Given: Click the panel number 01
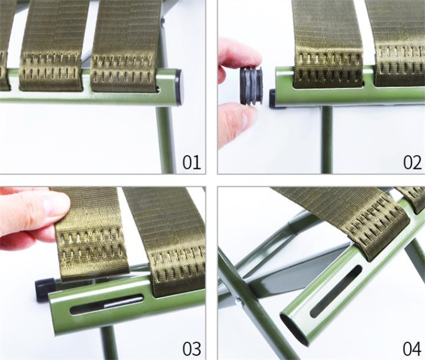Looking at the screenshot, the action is [192, 162].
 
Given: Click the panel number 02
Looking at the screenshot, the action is [413, 162].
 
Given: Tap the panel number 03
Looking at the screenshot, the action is [192, 349].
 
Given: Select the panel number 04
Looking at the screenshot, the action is [412, 349].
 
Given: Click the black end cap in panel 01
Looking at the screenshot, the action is [180, 87].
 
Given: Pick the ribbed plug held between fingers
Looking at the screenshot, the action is [251, 86].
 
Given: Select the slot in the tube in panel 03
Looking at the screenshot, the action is [107, 304].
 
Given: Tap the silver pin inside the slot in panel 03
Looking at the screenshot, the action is [124, 302].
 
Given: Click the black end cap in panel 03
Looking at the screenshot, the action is [45, 290].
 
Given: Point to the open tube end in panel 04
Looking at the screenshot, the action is [294, 329].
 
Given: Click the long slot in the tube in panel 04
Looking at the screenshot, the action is [336, 291].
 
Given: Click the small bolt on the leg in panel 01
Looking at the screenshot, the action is [163, 20].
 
